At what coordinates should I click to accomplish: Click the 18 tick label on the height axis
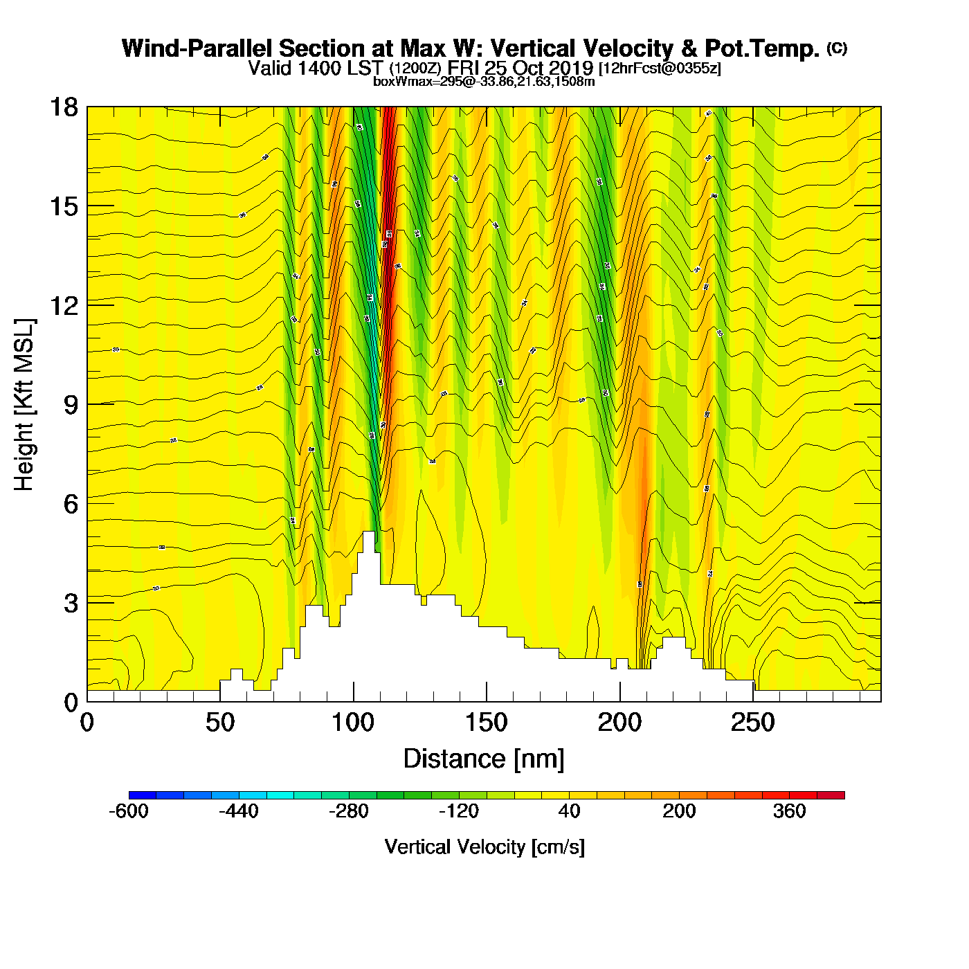pyautogui.click(x=63, y=107)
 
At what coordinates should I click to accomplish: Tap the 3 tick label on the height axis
pyautogui.click(x=71, y=604)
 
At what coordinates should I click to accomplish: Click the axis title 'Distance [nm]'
pyautogui.click(x=484, y=759)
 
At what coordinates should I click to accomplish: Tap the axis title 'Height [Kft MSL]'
pyautogui.click(x=24, y=405)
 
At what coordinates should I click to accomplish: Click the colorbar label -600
pyautogui.click(x=129, y=811)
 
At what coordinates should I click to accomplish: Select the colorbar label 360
pyautogui.click(x=789, y=811)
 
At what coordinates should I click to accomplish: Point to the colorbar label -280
pyautogui.click(x=349, y=811)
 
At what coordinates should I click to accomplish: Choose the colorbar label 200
pyautogui.click(x=679, y=811)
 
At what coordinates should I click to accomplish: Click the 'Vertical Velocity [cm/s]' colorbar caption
pyautogui.click(x=484, y=847)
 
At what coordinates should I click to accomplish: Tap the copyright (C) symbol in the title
pyautogui.click(x=837, y=48)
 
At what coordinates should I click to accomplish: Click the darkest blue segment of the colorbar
pyautogui.click(x=143, y=795)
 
